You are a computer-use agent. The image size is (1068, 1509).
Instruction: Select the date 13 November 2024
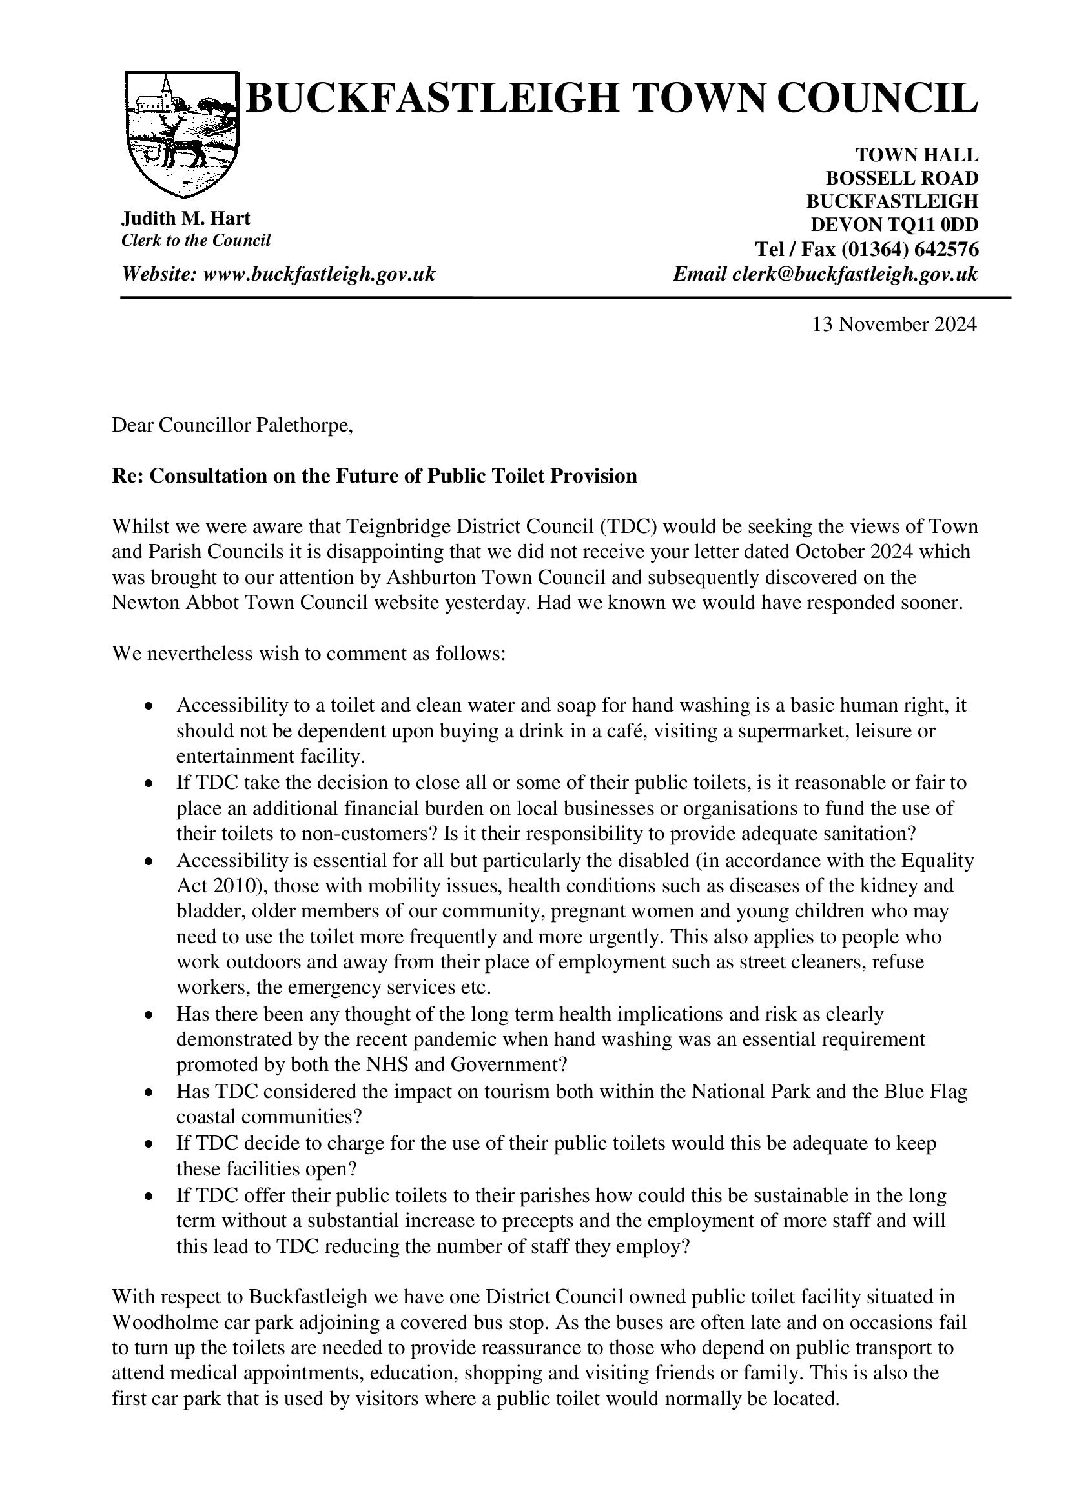click(x=894, y=325)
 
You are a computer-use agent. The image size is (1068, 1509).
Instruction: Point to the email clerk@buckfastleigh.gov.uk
click(x=854, y=274)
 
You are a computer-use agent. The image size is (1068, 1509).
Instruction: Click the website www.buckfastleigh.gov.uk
click(x=320, y=274)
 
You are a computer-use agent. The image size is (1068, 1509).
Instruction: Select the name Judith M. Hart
click(x=186, y=218)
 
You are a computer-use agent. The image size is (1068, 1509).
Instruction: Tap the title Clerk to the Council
click(x=196, y=240)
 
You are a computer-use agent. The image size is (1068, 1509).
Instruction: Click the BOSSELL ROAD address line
click(x=901, y=178)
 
